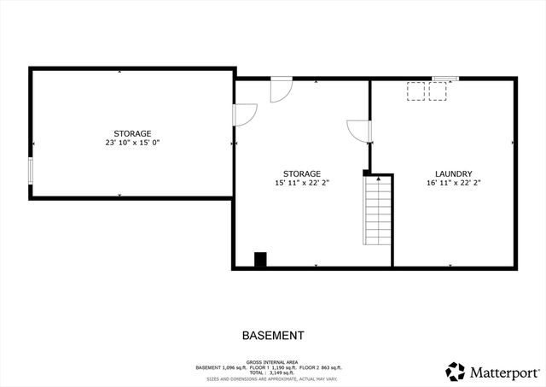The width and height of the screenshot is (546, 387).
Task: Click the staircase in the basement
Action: [377, 210]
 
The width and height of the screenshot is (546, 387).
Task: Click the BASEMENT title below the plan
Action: [273, 336]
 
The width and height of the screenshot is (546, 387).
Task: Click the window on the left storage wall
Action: [31, 170]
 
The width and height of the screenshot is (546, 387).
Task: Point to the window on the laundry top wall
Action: [444, 79]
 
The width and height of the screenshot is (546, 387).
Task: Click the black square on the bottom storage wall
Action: [259, 260]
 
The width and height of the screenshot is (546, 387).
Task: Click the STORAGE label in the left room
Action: [133, 133]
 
